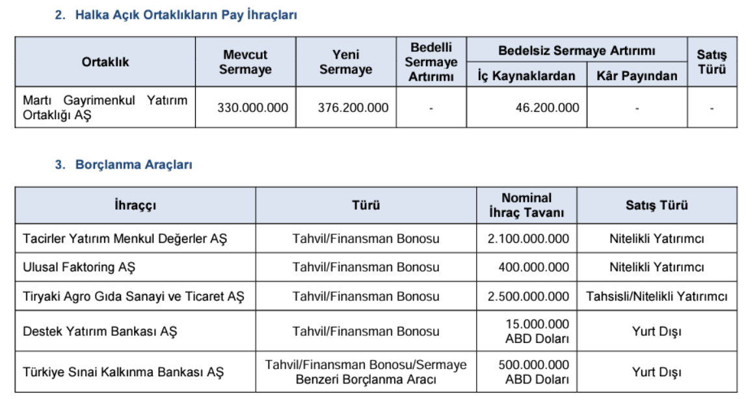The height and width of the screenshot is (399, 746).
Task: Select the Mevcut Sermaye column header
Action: pyautogui.click(x=245, y=62)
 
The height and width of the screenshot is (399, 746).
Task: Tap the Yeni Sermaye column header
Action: pyautogui.click(x=345, y=62)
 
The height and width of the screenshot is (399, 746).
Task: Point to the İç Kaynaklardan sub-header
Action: pyautogui.click(x=526, y=76)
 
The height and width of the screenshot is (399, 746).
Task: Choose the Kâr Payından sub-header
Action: pyautogui.click(x=637, y=76)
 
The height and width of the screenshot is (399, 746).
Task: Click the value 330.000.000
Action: pyautogui.click(x=252, y=107)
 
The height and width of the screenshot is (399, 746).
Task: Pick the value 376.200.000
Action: pyautogui.click(x=353, y=107)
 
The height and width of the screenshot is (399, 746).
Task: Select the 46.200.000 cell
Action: pyautogui.click(x=547, y=107)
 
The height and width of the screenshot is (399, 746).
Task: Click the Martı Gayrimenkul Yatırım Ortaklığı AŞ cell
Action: pyautogui.click(x=105, y=107)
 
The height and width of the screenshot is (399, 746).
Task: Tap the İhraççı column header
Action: pyautogui.click(x=135, y=205)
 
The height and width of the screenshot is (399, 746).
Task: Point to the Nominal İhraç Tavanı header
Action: pyautogui.click(x=526, y=205)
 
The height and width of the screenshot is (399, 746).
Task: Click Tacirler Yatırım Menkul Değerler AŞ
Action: pyautogui.click(x=125, y=239)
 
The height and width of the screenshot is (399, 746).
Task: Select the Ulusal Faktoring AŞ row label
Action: pyautogui.click(x=79, y=268)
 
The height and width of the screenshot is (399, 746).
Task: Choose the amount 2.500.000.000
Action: pyautogui.click(x=528, y=297)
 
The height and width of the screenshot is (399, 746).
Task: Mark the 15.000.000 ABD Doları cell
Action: pyautogui.click(x=537, y=331)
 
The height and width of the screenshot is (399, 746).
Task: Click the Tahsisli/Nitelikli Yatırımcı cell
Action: pyautogui.click(x=656, y=297)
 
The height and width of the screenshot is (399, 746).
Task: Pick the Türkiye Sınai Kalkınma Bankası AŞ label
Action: pyautogui.click(x=123, y=372)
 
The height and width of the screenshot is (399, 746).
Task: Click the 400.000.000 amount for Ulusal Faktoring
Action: pyautogui.click(x=533, y=268)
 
